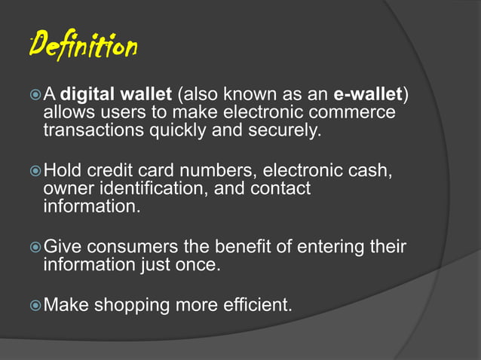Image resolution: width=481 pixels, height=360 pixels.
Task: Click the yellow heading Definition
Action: pos(84,47)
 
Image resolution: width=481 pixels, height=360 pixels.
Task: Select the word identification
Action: pos(152,188)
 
